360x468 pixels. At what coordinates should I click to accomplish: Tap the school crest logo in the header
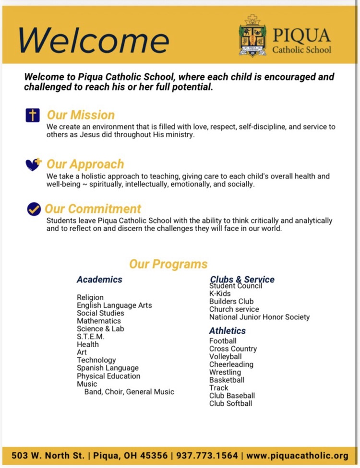click(252, 35)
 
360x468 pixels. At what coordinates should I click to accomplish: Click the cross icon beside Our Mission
click(33, 115)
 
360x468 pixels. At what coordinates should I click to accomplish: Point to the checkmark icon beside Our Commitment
click(34, 209)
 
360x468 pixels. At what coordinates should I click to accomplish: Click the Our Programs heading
click(168, 264)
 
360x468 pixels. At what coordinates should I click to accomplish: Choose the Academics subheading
click(99, 280)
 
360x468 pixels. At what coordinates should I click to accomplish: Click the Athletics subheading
click(227, 331)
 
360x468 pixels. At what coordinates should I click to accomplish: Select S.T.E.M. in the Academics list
click(91, 337)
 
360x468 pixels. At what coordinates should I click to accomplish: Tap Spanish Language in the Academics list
click(108, 368)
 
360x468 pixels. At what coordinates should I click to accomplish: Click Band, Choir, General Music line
click(129, 392)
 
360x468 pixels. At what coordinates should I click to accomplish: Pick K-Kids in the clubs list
click(220, 293)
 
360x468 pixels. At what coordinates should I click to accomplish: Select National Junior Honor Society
click(259, 317)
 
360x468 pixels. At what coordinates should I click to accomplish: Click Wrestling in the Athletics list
click(225, 372)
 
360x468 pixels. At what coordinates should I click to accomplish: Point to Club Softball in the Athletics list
click(230, 403)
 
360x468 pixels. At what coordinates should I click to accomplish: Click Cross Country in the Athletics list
click(233, 349)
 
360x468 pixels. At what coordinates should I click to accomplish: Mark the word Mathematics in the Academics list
click(99, 321)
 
